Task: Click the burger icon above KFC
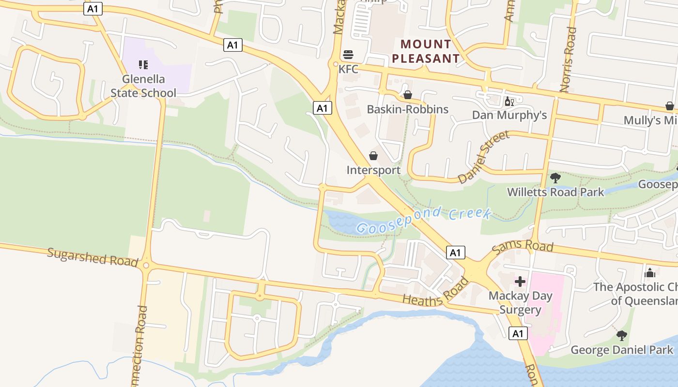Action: [348, 54]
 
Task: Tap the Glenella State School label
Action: [143, 86]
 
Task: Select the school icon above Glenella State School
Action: [143, 64]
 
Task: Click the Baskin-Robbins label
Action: [407, 109]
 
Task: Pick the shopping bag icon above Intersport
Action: [373, 156]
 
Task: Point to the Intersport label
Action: [373, 170]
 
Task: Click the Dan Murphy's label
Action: [509, 115]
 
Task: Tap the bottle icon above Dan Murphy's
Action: [509, 101]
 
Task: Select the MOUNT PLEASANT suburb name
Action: [426, 52]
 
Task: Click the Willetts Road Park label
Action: [555, 192]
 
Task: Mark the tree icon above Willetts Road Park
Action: [555, 178]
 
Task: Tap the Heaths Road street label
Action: [436, 293]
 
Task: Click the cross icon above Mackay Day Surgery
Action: [520, 282]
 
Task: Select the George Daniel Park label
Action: [622, 350]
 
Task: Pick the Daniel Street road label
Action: [484, 157]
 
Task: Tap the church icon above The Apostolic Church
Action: [650, 273]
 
